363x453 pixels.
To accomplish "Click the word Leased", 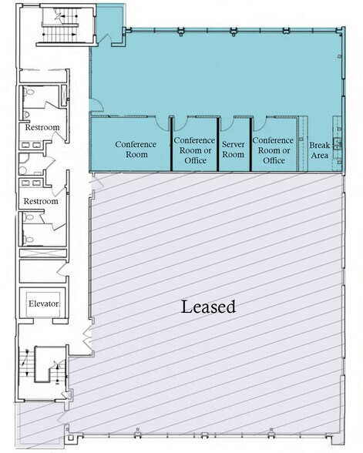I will pos(208,307).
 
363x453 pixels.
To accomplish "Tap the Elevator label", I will pos(43,304).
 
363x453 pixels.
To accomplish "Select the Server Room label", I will pos(233,149).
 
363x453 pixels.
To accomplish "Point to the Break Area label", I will pos(319,149).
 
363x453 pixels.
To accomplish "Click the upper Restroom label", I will pos(41,127).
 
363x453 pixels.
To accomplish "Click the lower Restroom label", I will pos(41,201).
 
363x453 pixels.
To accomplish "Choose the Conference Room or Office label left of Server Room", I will pos(194,149).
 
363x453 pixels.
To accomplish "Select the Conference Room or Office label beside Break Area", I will pos(273,149).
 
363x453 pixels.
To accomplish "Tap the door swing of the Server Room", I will pos(227,124).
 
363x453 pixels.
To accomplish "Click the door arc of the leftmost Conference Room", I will pos(162,124).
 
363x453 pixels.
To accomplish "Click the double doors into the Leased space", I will pos(88,340).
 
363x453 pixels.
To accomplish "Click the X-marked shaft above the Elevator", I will pos(43,253).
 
